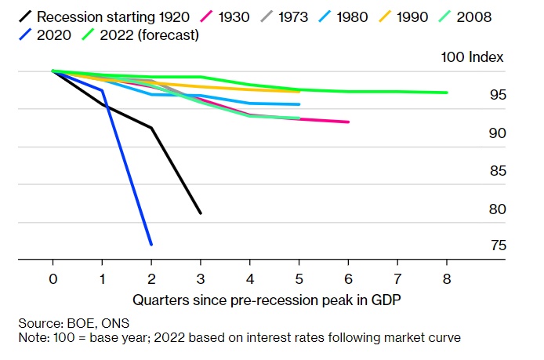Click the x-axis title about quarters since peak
pyautogui.click(x=249, y=299)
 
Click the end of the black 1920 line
pyautogui.click(x=201, y=213)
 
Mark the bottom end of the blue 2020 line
pyautogui.click(x=151, y=245)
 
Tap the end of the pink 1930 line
pyautogui.click(x=348, y=122)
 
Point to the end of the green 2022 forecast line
pyautogui.click(x=447, y=93)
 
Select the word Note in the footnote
pyautogui.click(x=31, y=337)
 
